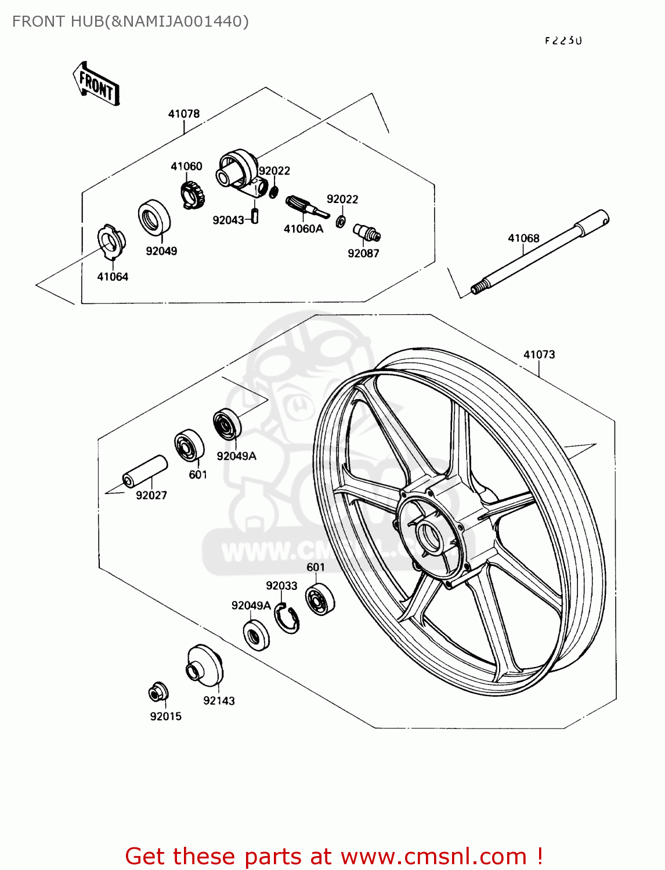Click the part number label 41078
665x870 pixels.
tap(184, 114)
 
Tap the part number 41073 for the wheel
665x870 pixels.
tap(539, 354)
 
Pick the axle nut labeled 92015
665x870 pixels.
tap(158, 692)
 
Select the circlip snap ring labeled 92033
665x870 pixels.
tap(287, 618)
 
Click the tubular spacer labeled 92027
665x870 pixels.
tap(144, 471)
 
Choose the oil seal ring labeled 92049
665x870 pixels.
tap(154, 218)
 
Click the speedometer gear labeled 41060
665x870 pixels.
tap(193, 195)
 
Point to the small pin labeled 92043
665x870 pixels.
tap(254, 216)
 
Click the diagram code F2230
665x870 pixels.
tap(563, 41)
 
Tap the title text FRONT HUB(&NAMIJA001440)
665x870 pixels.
tap(131, 21)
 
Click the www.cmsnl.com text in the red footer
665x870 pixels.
tap(433, 856)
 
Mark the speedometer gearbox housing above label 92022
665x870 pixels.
tap(238, 169)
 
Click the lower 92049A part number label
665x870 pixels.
tap(251, 606)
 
